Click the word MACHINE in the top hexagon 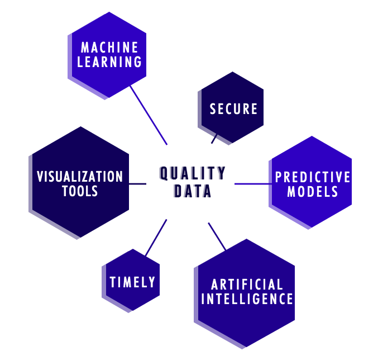pos(110,48)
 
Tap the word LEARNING pos(110,61)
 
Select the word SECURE pos(234,108)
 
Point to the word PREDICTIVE pos(313,177)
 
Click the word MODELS pos(313,192)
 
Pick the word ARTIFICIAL pos(247,285)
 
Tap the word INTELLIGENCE pos(247,299)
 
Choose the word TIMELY pos(132,282)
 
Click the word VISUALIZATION pos(80,177)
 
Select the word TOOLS pos(80,191)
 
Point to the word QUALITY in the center pos(193,173)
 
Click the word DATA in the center pos(193,192)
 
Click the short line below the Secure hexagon pos(215,138)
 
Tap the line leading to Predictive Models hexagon pos(251,183)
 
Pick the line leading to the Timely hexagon pos(156,238)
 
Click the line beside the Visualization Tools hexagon pos(137,183)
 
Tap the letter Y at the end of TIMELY pos(152,282)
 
